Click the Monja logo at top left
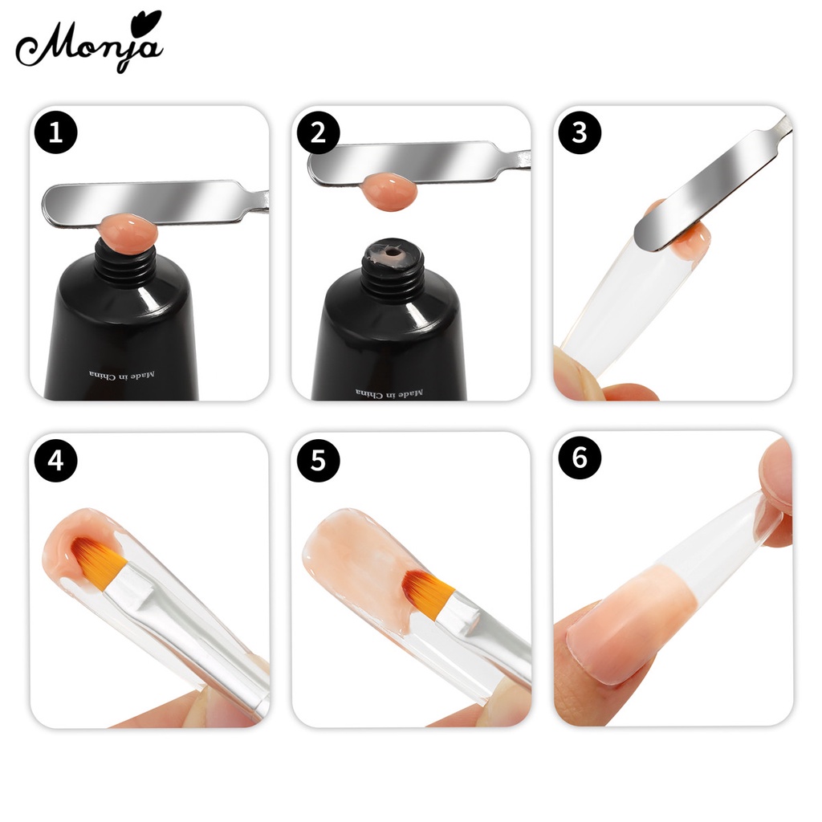88,43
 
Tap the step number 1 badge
56,133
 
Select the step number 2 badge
318,133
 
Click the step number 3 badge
580,133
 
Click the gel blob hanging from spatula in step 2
389,193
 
